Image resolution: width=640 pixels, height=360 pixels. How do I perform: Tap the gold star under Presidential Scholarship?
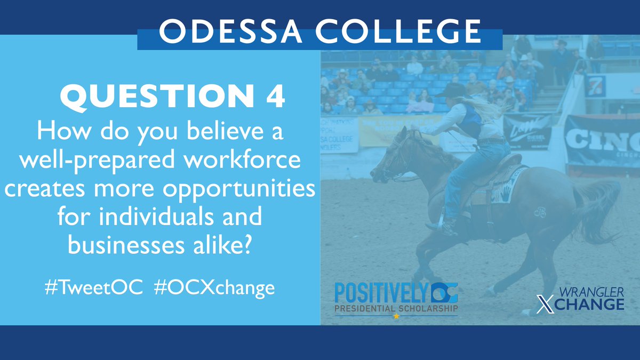[x=396, y=316]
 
